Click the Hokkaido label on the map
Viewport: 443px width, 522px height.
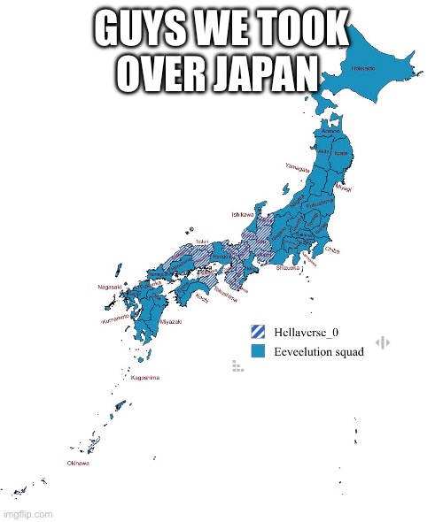(x=362, y=69)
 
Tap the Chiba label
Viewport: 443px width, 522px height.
(x=332, y=250)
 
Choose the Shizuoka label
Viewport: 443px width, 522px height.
(x=290, y=266)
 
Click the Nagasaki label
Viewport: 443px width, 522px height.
(x=110, y=287)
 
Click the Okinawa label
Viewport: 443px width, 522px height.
(x=79, y=462)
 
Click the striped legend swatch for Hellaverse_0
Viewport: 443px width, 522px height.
(x=258, y=332)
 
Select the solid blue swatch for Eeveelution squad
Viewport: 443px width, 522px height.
(x=258, y=351)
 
